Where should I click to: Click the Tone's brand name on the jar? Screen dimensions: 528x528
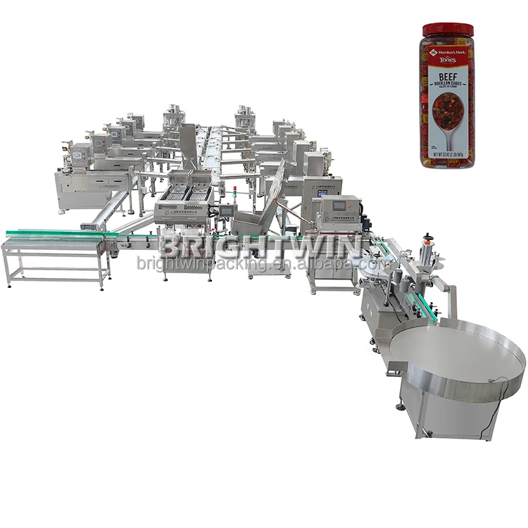coord(448,60)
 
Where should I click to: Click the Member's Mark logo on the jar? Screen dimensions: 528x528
coord(448,51)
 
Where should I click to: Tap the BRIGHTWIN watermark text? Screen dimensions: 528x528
coord(260,246)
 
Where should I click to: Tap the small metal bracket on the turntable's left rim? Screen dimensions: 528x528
coord(396,365)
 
